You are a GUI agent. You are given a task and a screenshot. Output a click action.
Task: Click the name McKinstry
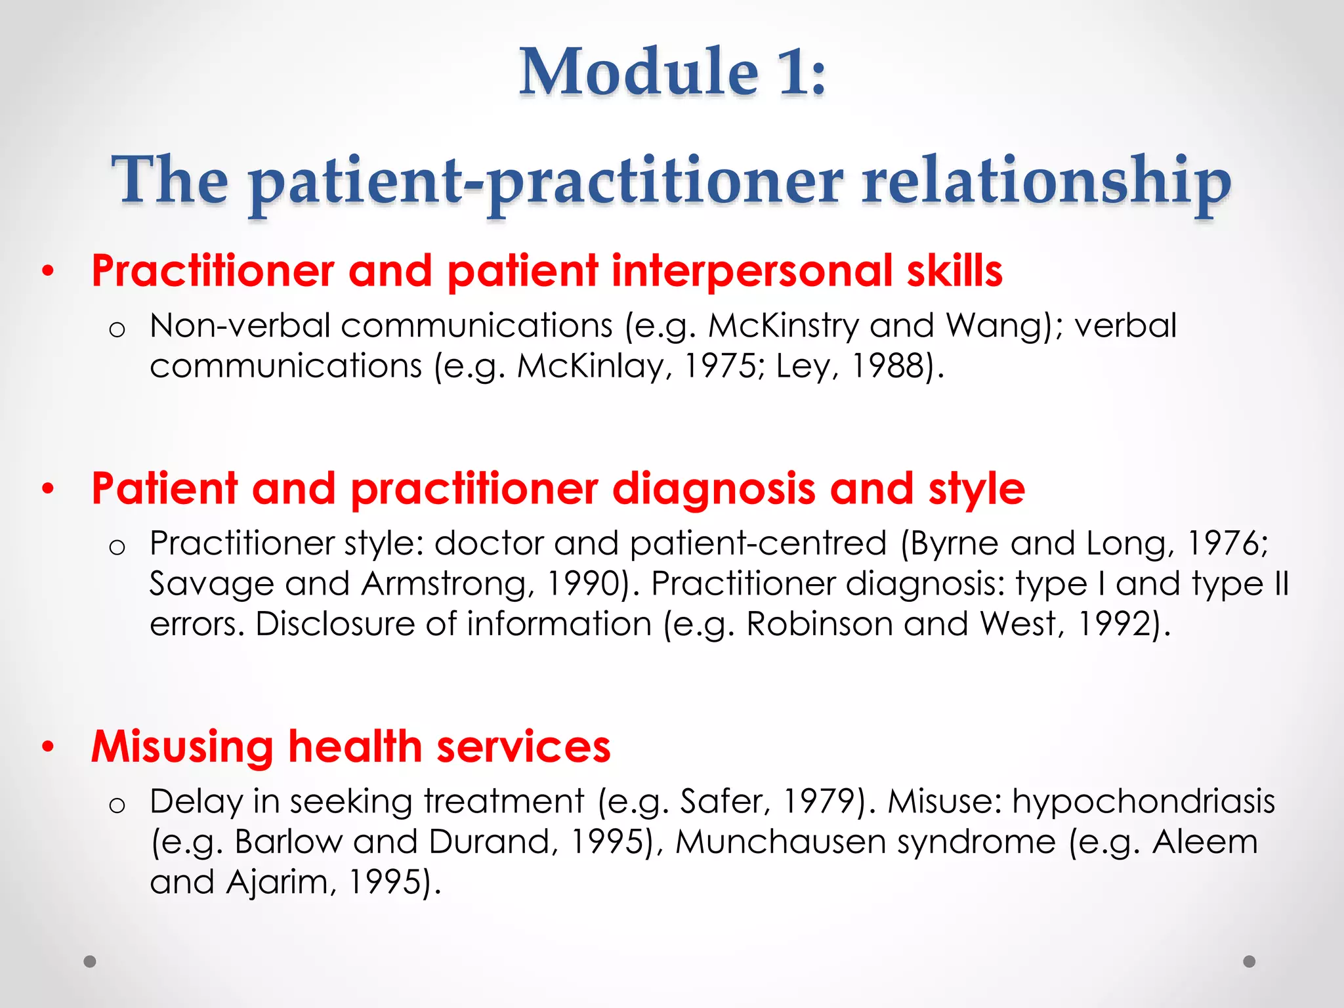pos(783,326)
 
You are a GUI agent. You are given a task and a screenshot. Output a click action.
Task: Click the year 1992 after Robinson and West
pos(1116,623)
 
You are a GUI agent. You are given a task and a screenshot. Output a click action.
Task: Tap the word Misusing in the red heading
pos(182,747)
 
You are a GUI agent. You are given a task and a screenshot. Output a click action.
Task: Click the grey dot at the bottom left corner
pos(90,961)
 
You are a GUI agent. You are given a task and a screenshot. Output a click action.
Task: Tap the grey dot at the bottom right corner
pos(1249,961)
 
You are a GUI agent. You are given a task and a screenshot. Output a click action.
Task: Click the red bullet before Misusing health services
pos(47,747)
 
